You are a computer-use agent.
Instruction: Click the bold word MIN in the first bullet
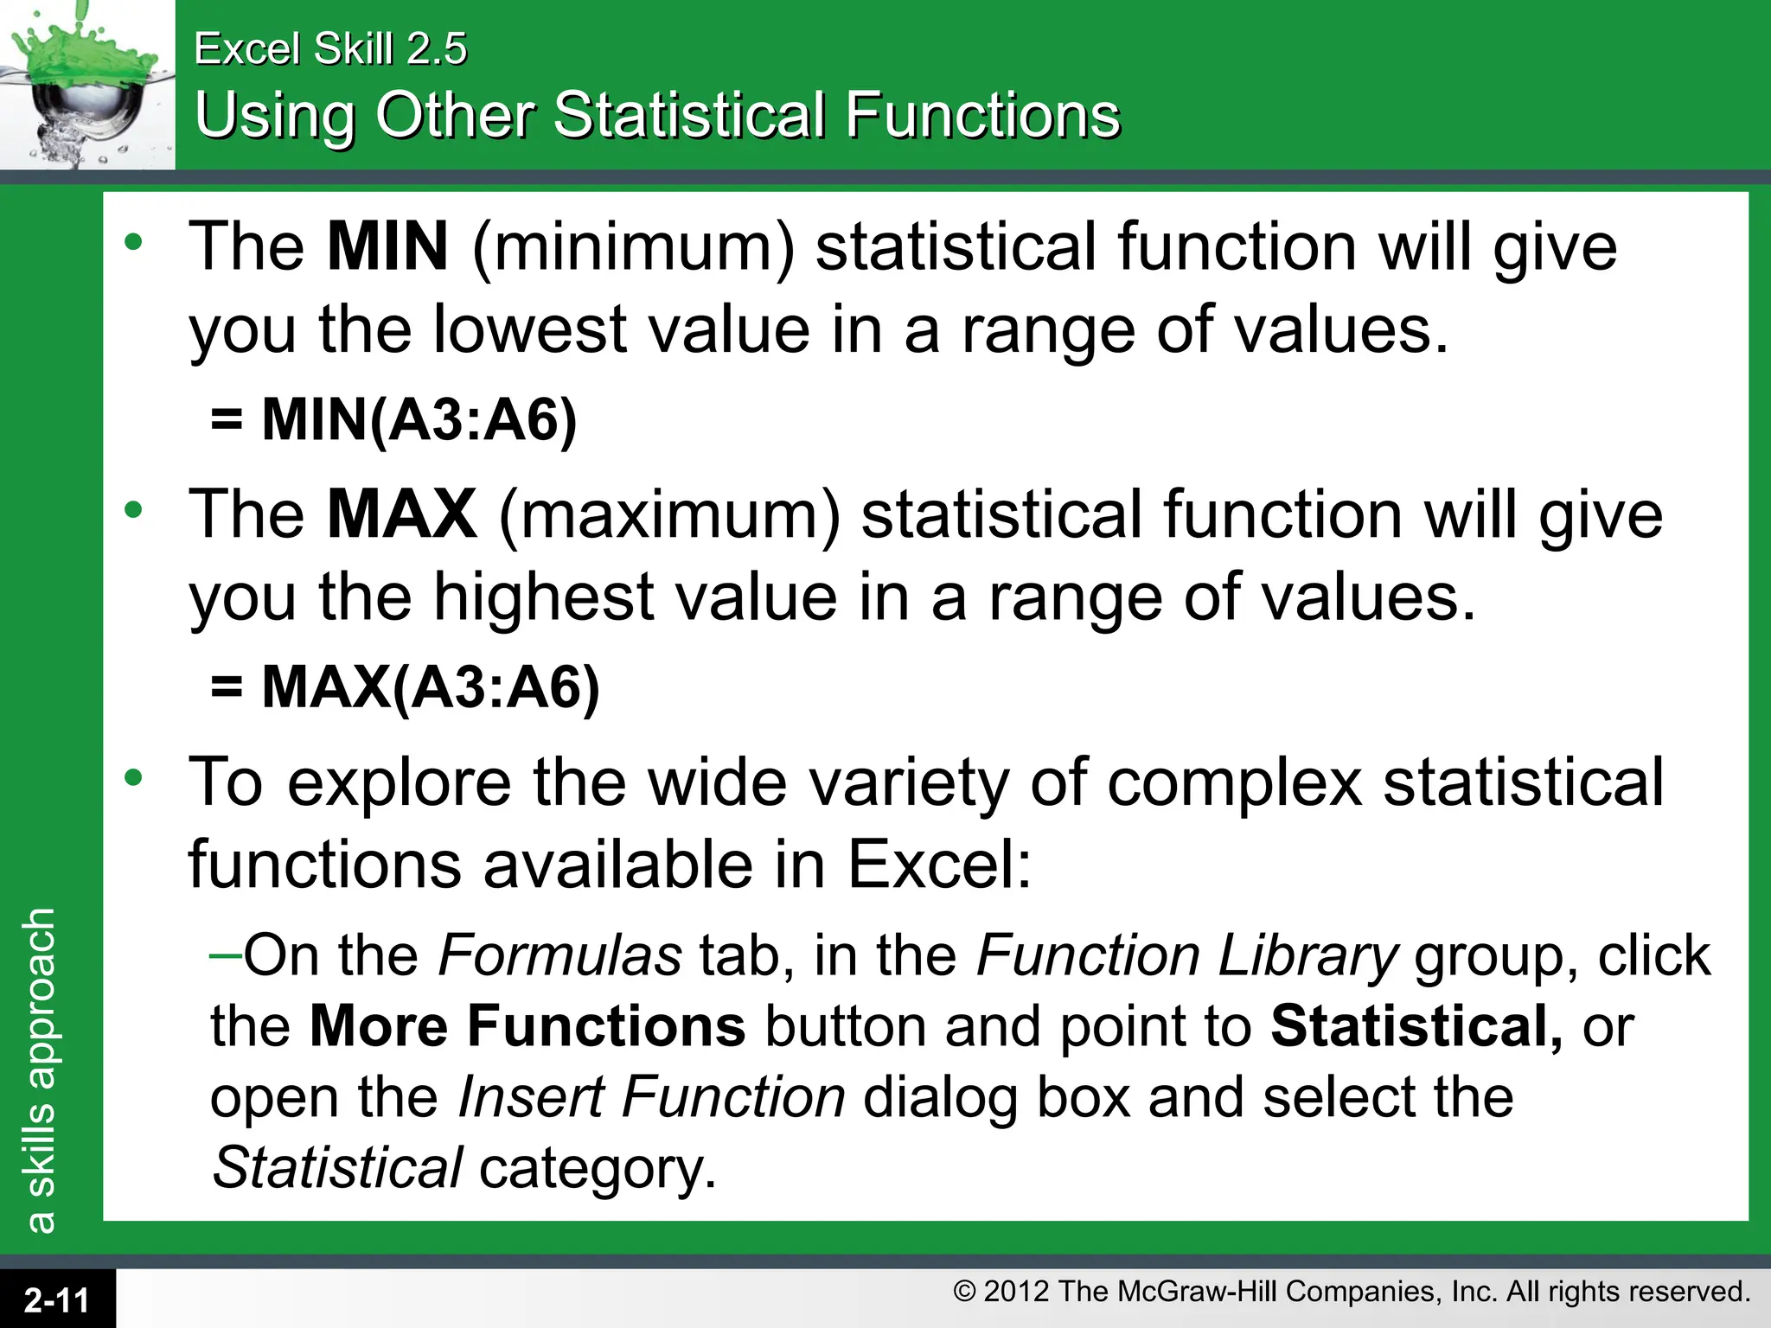coord(387,247)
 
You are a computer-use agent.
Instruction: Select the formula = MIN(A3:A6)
coord(393,420)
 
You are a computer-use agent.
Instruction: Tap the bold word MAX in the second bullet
coord(402,514)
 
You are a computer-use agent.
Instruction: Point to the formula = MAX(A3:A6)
coord(405,687)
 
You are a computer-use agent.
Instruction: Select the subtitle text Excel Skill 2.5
coord(330,48)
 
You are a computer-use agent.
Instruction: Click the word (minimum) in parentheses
coord(633,247)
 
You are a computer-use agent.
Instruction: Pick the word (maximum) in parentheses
coord(669,514)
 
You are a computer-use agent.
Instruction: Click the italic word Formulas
coord(560,956)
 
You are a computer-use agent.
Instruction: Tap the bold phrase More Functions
coord(527,1026)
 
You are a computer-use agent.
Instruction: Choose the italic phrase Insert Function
coord(651,1097)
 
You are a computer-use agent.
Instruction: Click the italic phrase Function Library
coord(1186,956)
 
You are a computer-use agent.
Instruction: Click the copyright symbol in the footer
coord(964,1292)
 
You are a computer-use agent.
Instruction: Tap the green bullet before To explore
coord(133,778)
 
